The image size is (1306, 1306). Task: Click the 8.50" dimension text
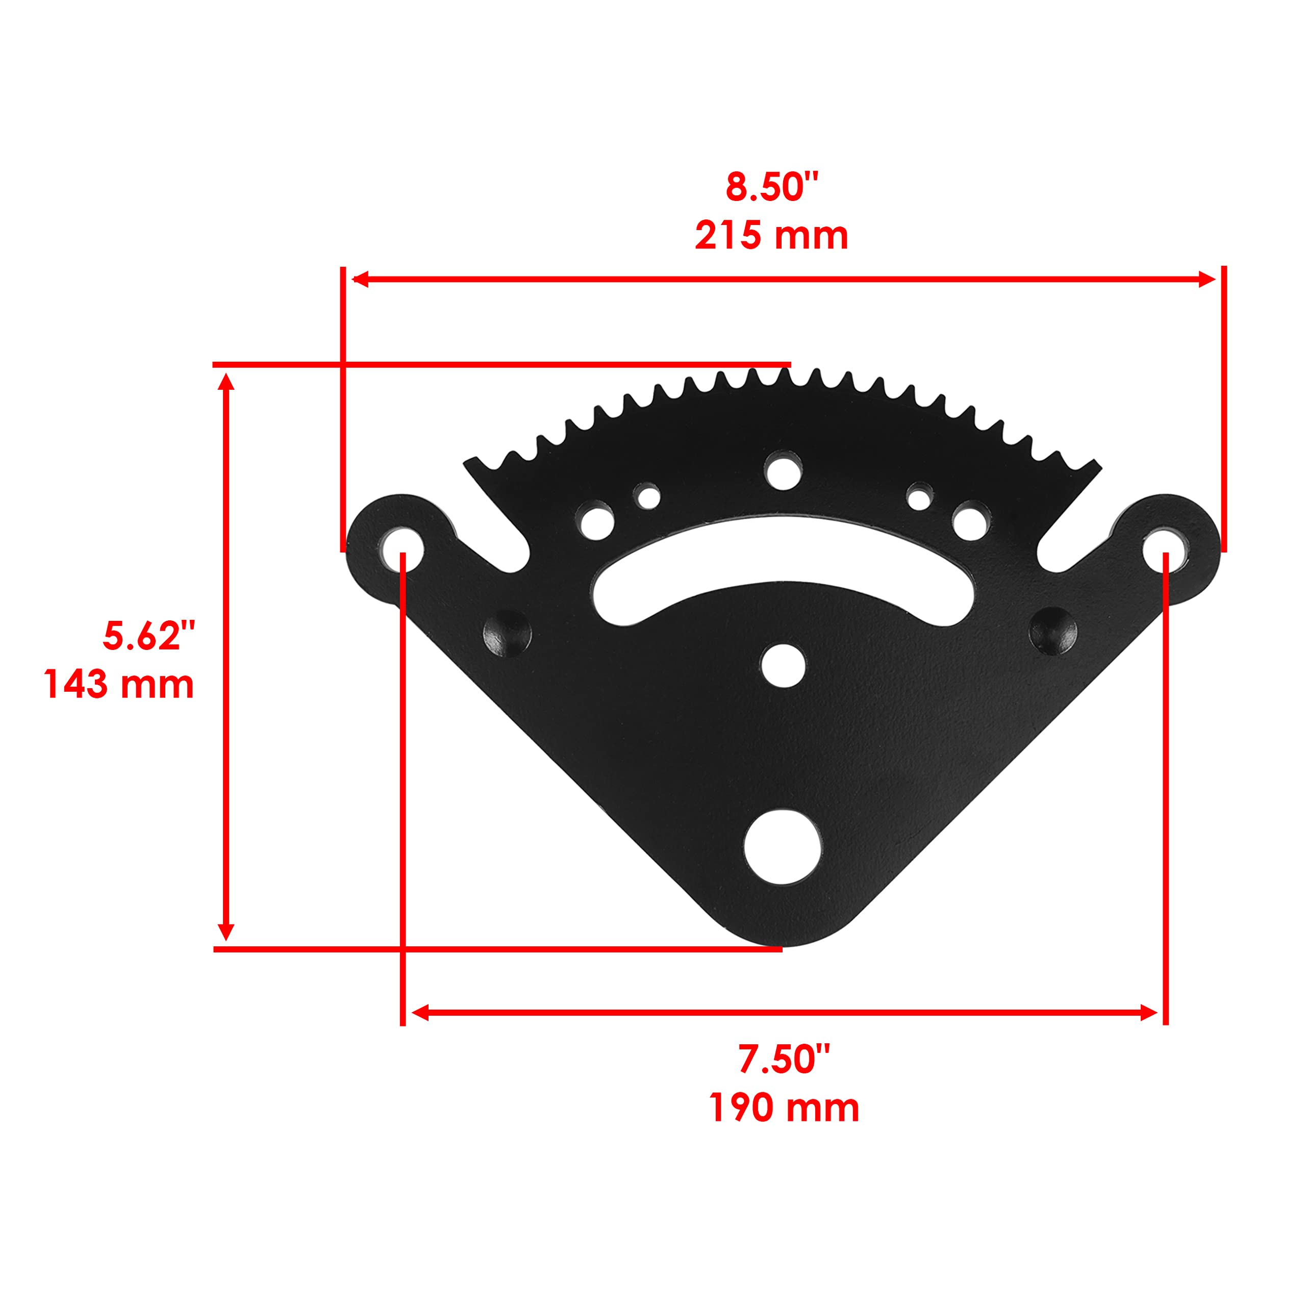pyautogui.click(x=771, y=187)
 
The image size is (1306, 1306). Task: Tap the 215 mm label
pyautogui.click(x=771, y=236)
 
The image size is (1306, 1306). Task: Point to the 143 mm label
pyautogui.click(x=119, y=684)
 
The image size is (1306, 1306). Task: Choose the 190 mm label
pyautogui.click(x=784, y=1108)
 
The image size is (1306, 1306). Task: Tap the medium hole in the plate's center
pyautogui.click(x=783, y=665)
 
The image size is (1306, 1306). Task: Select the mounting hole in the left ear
pyautogui.click(x=402, y=548)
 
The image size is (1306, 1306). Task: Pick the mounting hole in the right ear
pyautogui.click(x=1165, y=548)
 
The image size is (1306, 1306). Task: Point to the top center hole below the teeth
pyautogui.click(x=784, y=471)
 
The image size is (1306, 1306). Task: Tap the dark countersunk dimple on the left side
pyautogui.click(x=508, y=633)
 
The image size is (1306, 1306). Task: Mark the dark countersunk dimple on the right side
pyautogui.click(x=1052, y=631)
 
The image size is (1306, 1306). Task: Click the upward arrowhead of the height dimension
pyautogui.click(x=227, y=382)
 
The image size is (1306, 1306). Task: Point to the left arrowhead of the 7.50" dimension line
pyautogui.click(x=420, y=1013)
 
